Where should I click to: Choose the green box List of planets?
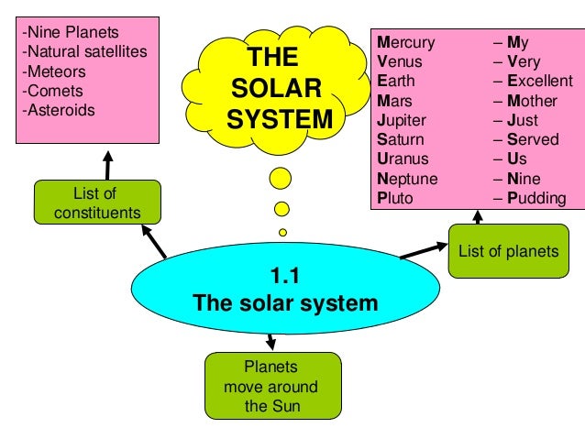[x=506, y=251]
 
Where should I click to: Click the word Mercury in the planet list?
[x=405, y=43]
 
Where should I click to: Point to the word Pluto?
[x=395, y=198]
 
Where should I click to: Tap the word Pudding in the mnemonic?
[x=535, y=198]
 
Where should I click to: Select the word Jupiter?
[x=402, y=120]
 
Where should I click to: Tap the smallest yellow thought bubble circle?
[x=283, y=232]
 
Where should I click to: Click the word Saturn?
[x=400, y=139]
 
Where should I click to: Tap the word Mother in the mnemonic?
[x=533, y=101]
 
